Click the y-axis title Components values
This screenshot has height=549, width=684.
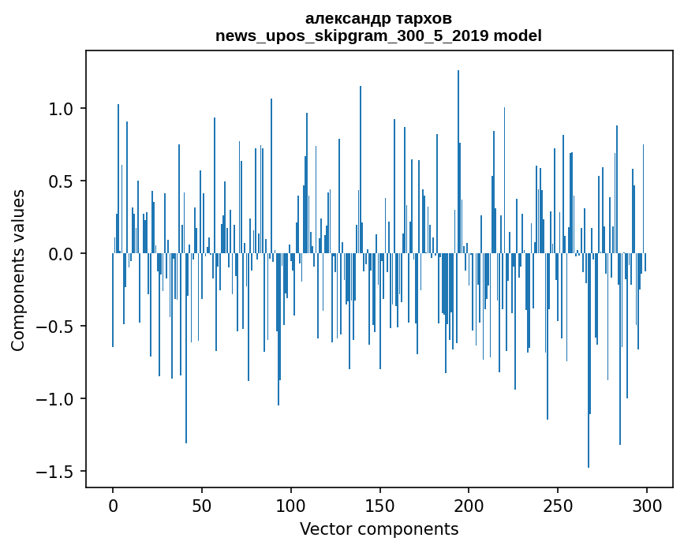click(x=18, y=270)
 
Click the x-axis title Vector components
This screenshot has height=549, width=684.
click(x=379, y=528)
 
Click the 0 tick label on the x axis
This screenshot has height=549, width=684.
click(x=113, y=505)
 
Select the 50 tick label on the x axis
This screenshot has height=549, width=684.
click(x=202, y=505)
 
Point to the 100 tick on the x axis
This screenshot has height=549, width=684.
click(x=291, y=505)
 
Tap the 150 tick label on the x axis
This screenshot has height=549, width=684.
click(x=380, y=505)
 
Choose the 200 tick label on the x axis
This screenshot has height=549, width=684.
click(x=469, y=505)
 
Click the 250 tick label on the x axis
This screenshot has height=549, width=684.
click(x=558, y=505)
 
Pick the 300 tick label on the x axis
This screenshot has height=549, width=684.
click(x=647, y=505)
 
